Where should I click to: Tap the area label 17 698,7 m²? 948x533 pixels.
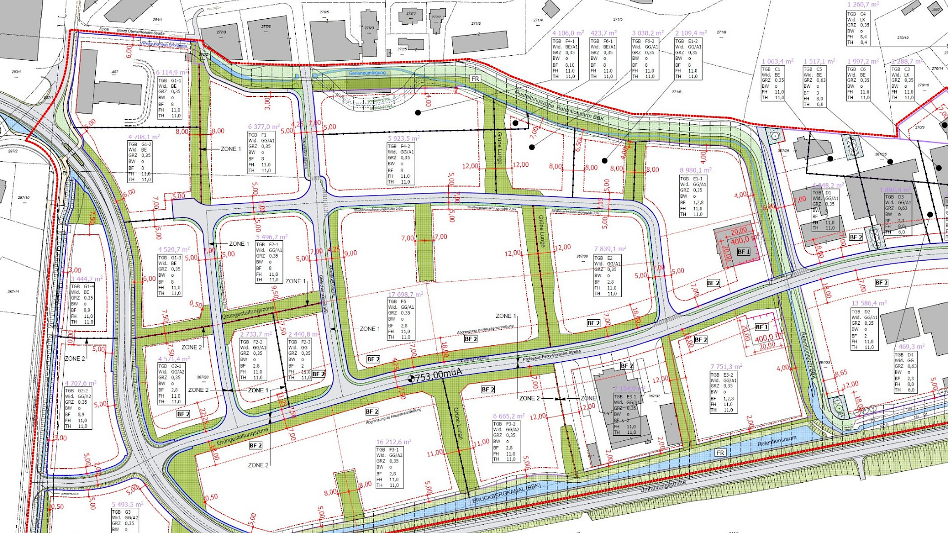[x=405, y=294]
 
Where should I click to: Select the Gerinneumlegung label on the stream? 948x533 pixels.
[x=367, y=73]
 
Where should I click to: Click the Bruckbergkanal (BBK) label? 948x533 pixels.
[x=506, y=493]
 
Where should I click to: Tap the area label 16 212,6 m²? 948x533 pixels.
[x=393, y=442]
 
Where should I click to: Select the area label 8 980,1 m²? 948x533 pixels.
[x=695, y=170]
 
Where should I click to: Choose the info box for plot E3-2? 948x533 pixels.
[x=724, y=392]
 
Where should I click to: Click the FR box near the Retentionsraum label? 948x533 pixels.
[x=720, y=453]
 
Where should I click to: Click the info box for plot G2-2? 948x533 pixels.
[x=78, y=408]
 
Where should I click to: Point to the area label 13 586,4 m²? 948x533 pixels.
[x=869, y=303]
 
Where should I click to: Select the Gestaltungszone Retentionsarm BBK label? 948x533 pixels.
[x=559, y=106]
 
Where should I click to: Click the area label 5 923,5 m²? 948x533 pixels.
[x=403, y=139]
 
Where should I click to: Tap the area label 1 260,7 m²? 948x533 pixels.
[x=863, y=4]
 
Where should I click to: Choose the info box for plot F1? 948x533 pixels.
[x=262, y=152]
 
